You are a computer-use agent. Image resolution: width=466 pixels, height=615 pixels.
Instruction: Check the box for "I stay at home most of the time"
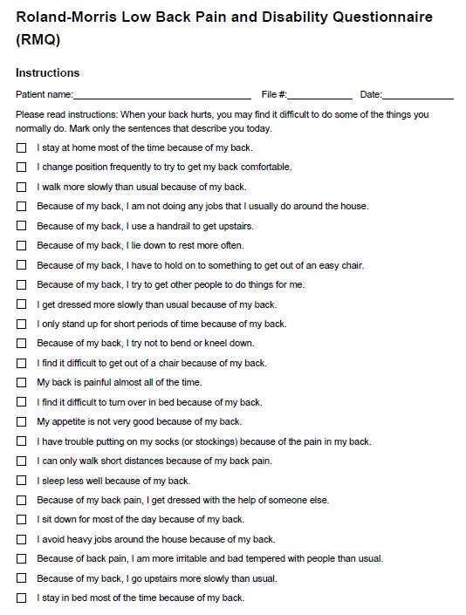pyautogui.click(x=21, y=147)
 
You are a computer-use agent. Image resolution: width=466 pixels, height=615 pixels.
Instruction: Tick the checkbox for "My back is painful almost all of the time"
pyautogui.click(x=21, y=382)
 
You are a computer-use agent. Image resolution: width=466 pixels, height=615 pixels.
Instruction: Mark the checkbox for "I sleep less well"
pyautogui.click(x=21, y=480)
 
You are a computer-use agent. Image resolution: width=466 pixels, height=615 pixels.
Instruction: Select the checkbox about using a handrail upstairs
pyautogui.click(x=21, y=226)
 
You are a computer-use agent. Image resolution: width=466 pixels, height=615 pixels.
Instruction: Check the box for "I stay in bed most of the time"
pyautogui.click(x=21, y=598)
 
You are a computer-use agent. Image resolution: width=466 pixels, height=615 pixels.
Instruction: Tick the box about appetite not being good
pyautogui.click(x=21, y=421)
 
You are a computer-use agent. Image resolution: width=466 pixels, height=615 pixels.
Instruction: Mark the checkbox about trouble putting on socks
pyautogui.click(x=21, y=441)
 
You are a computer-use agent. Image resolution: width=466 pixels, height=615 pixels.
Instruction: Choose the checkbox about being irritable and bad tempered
pyautogui.click(x=21, y=558)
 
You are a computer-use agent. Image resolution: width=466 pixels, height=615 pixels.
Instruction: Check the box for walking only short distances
pyautogui.click(x=21, y=461)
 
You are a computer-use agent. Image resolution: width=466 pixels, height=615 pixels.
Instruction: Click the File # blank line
pyautogui.click(x=320, y=95)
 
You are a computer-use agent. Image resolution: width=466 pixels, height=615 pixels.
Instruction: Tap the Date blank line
pyautogui.click(x=418, y=95)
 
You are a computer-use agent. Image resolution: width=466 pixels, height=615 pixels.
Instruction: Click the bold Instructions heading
pyautogui.click(x=47, y=72)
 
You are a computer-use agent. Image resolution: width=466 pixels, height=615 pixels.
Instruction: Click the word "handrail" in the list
pyautogui.click(x=166, y=226)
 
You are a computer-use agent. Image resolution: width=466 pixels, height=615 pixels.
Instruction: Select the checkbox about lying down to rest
pyautogui.click(x=21, y=245)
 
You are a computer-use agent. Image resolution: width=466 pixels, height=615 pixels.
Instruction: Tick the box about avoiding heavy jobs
pyautogui.click(x=21, y=539)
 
